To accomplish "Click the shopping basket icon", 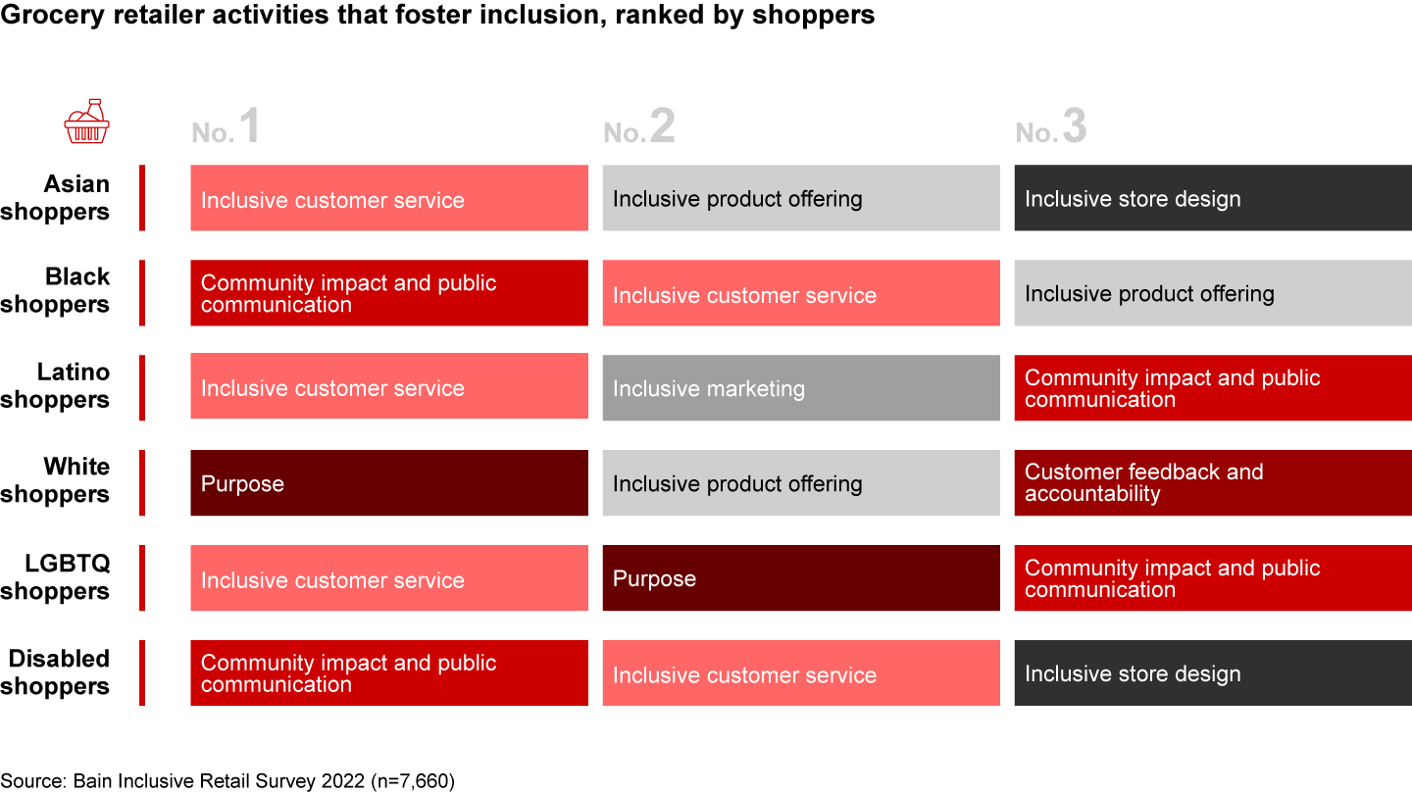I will (x=86, y=122).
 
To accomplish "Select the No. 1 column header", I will (x=227, y=128).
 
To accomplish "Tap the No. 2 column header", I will (x=639, y=128).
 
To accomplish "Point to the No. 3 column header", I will (x=1051, y=128).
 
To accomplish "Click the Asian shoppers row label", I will (x=56, y=198).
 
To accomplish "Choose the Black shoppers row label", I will (x=56, y=291).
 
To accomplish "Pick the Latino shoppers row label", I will (x=56, y=386).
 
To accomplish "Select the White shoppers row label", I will (x=56, y=480).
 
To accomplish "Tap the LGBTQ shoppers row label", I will (x=56, y=577).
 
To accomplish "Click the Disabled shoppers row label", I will (x=56, y=672).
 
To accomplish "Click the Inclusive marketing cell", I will (x=801, y=388).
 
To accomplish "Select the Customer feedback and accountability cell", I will (x=1213, y=483).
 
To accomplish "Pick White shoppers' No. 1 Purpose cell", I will (x=389, y=483).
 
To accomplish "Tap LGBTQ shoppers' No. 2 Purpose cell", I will (x=801, y=578).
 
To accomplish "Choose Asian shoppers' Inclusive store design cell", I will (x=1213, y=199).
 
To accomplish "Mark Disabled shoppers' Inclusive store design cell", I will (x=1213, y=673).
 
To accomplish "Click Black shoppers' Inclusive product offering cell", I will (x=1213, y=293).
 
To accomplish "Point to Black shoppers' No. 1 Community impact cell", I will (x=389, y=293).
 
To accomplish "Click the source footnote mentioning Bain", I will (x=227, y=781).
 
